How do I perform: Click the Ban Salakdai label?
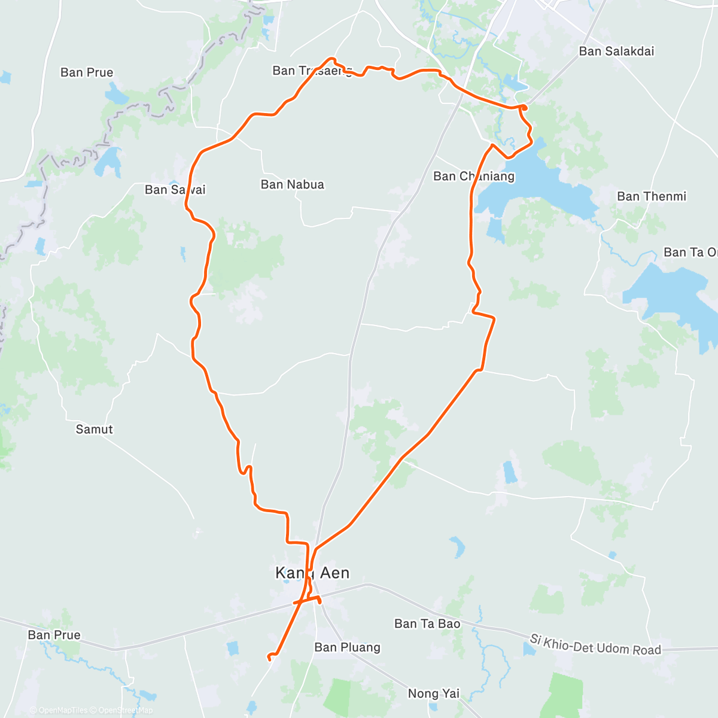point(616,51)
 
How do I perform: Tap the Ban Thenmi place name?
point(651,196)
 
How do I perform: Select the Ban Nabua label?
point(292,184)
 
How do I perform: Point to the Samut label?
point(94,429)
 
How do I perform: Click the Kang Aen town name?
point(312,573)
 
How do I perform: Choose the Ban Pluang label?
point(347,647)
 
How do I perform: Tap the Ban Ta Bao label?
point(427,623)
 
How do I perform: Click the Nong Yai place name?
point(433,693)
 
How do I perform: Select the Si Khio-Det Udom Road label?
point(595,645)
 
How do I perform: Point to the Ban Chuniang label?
point(473,176)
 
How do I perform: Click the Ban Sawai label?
point(175,190)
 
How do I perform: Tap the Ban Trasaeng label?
point(312,71)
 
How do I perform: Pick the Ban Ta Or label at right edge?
point(690,252)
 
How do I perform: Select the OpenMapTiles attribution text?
point(59,710)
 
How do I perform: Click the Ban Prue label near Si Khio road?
point(54,635)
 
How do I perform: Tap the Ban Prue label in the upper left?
point(87,72)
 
